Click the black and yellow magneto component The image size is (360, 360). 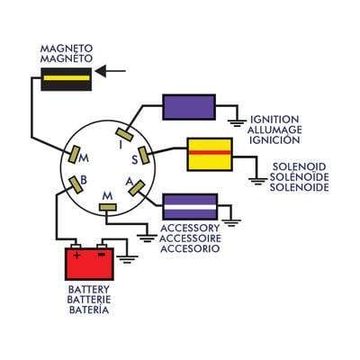pyautogui.click(x=66, y=80)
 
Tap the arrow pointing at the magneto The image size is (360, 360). pyautogui.click(x=112, y=69)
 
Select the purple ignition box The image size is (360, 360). pyautogui.click(x=187, y=107)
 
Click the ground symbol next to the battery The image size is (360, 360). pyautogui.click(x=128, y=260)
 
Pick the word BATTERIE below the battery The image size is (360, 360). pyautogui.click(x=90, y=300)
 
